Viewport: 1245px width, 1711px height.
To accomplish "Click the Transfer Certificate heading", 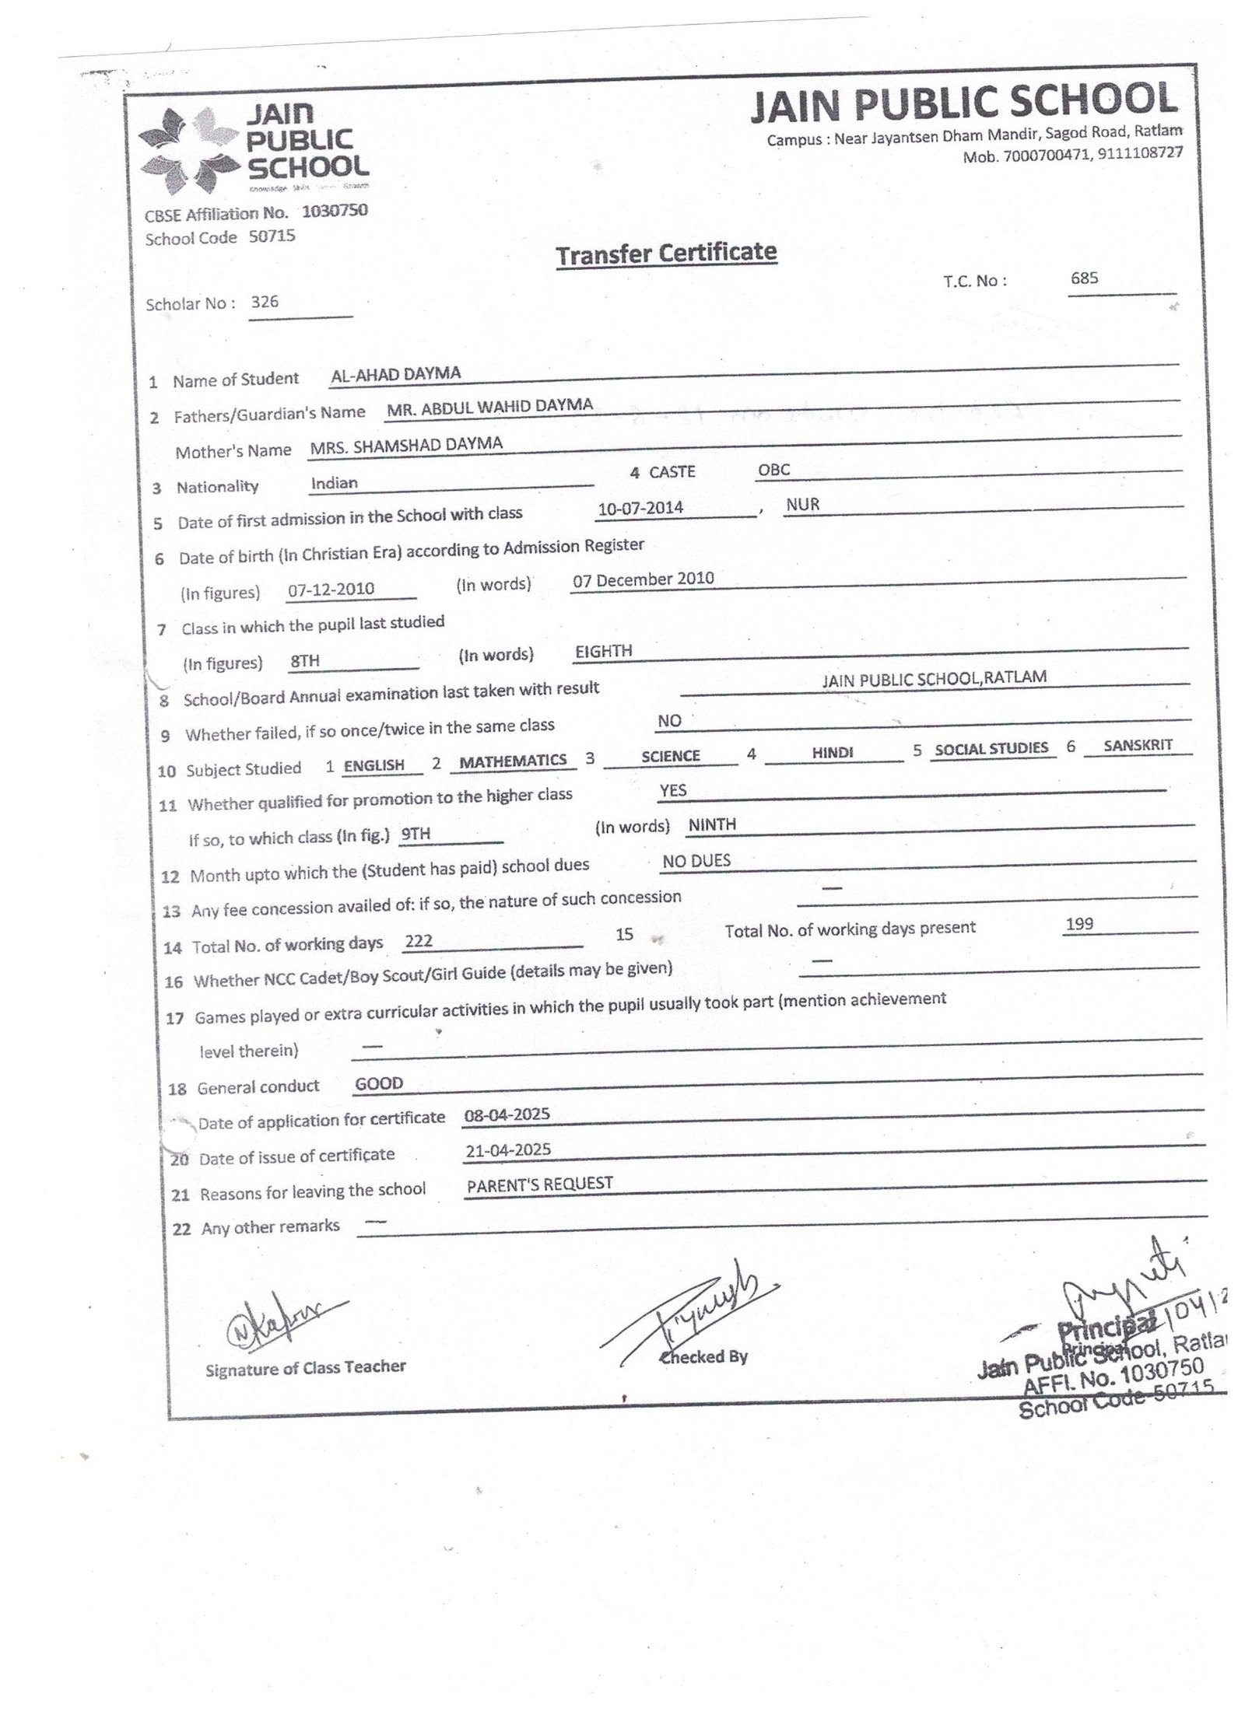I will pos(666,253).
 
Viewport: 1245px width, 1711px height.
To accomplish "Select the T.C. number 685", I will pos(1084,278).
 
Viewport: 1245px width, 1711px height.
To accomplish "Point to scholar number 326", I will pos(265,302).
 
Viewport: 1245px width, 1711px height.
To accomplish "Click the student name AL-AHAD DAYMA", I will pos(395,374).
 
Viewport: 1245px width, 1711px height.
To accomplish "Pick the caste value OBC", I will pos(773,470).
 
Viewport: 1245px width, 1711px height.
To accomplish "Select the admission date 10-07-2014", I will pos(640,508).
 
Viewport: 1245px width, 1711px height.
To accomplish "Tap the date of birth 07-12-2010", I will pos(331,589).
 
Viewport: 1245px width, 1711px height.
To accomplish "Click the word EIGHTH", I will pos(603,651).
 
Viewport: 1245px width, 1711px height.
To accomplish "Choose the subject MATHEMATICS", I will pos(513,761).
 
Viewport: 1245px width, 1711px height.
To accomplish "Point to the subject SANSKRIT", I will pos(1138,744).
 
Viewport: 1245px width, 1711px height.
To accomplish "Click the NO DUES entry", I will pos(696,860).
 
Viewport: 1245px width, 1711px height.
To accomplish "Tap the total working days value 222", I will pos(419,941).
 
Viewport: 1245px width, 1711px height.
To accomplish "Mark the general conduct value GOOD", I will pos(379,1083).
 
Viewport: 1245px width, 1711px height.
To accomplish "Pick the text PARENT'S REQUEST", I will pos(540,1184).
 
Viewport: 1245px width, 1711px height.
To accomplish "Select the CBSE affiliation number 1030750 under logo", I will pos(335,211).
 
